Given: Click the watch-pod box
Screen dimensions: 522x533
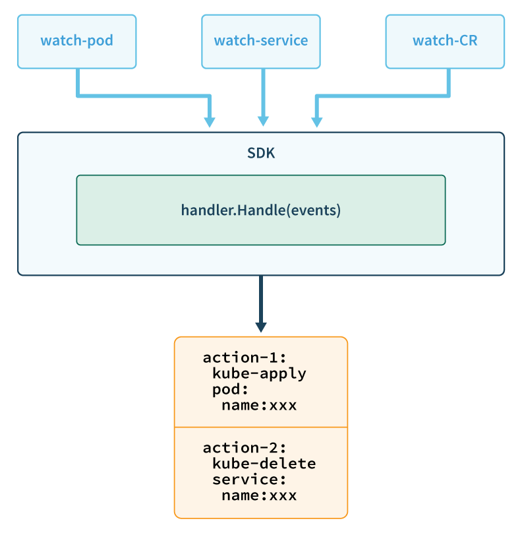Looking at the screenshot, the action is (x=76, y=42).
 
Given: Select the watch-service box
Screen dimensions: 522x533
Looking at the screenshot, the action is (x=261, y=42).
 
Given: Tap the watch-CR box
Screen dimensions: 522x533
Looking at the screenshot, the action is (x=445, y=42).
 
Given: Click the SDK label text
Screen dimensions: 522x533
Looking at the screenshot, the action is (x=261, y=153).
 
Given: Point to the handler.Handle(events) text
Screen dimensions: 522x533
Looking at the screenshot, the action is (x=261, y=210).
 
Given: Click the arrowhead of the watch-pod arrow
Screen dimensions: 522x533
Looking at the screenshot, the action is (x=210, y=122).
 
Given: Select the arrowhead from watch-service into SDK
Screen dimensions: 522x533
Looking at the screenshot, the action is (x=263, y=121).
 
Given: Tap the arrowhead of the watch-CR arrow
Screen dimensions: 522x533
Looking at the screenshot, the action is (x=317, y=122).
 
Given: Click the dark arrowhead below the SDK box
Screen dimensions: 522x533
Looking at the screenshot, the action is (x=261, y=327).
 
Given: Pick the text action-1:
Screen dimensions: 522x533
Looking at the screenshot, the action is (x=245, y=358).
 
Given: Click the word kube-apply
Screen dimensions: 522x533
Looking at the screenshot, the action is (x=259, y=373).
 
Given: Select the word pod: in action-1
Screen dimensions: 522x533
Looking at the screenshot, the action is (x=230, y=390).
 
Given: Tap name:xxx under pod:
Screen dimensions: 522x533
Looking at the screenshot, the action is (x=259, y=405).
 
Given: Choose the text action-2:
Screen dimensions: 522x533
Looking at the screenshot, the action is (x=245, y=448).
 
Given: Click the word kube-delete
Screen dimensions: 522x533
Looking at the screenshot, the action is (x=264, y=464).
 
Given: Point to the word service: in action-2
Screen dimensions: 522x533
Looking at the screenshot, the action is (x=250, y=480).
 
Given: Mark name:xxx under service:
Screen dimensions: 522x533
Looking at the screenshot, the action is (x=259, y=495).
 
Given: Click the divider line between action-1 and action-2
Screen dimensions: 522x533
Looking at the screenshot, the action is (x=261, y=427).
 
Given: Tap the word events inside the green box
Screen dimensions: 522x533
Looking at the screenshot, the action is (x=314, y=210).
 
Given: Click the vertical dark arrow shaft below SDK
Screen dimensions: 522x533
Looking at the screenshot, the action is (x=261, y=299).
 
